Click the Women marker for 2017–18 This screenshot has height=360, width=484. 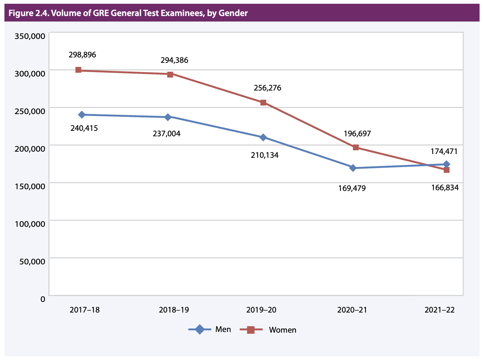78,70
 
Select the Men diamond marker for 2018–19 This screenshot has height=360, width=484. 168,117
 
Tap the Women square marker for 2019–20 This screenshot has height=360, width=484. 263,102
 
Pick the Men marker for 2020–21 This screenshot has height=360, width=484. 353,168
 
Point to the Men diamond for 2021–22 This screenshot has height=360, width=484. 446,164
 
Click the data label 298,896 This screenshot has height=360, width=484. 82,55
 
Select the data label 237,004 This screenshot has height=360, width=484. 167,134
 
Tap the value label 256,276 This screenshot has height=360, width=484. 267,88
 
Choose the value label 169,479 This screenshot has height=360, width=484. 352,188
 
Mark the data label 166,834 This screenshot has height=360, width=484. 445,188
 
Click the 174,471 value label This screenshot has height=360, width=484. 444,151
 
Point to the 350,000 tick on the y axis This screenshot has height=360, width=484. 30,36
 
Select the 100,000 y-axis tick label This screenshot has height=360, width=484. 30,224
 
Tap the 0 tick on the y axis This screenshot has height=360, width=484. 42,299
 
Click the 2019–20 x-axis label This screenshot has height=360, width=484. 261,310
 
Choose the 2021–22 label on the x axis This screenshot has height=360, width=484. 440,310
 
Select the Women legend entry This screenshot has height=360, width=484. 268,330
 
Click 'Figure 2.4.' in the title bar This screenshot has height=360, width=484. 29,13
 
